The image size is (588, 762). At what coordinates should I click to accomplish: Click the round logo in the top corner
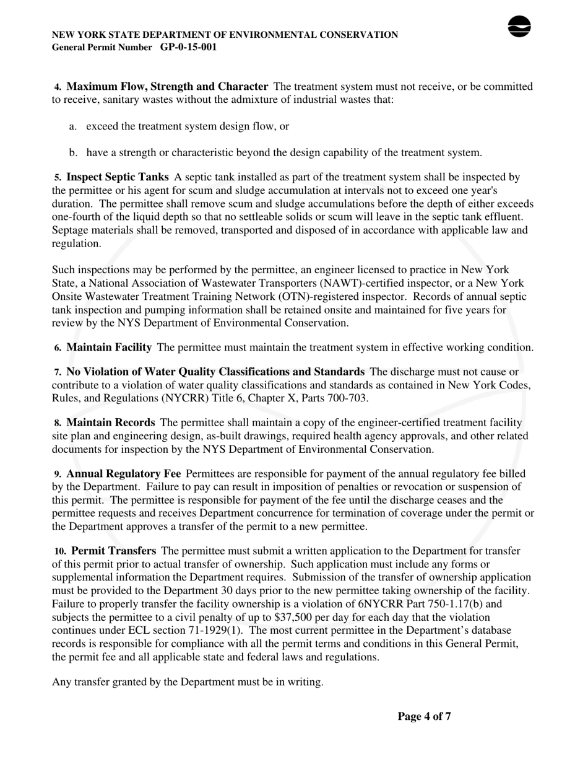click(x=519, y=27)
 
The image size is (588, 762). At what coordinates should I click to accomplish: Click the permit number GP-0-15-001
click(x=188, y=47)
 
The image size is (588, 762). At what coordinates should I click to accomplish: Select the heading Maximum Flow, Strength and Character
click(x=167, y=87)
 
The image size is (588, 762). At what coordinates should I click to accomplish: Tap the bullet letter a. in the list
click(x=73, y=126)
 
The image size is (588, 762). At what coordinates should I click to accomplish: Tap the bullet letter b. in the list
click(x=73, y=152)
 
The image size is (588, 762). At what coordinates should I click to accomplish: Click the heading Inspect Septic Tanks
click(x=118, y=177)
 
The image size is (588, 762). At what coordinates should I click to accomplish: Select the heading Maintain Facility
click(x=109, y=348)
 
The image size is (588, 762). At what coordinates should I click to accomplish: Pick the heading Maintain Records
click(x=111, y=423)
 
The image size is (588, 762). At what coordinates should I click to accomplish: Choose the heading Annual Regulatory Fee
click(x=124, y=474)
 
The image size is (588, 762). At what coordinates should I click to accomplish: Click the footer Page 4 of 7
click(x=424, y=717)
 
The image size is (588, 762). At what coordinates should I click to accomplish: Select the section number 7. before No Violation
click(x=58, y=372)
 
